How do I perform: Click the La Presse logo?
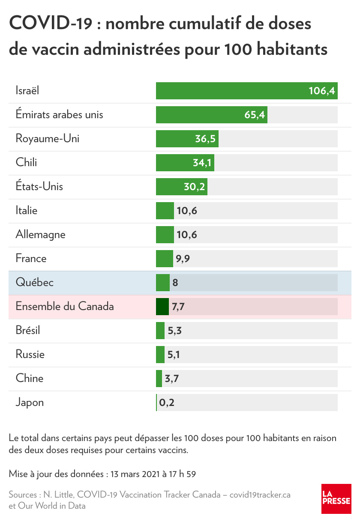click(x=336, y=499)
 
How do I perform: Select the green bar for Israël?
click(x=231, y=91)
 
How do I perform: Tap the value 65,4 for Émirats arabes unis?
click(x=255, y=115)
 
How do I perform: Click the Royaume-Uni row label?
click(x=48, y=139)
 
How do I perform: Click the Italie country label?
click(x=27, y=211)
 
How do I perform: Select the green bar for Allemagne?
click(x=165, y=235)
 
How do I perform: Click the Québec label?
click(x=35, y=283)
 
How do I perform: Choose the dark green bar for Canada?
click(x=162, y=307)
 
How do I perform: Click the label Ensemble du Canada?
click(x=65, y=307)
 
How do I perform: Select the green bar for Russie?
click(x=160, y=355)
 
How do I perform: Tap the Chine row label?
click(x=30, y=379)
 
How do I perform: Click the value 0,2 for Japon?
click(x=167, y=403)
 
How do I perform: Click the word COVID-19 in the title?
click(x=51, y=24)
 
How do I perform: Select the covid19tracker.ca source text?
click(x=260, y=495)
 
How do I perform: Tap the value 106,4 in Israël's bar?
click(x=321, y=91)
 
